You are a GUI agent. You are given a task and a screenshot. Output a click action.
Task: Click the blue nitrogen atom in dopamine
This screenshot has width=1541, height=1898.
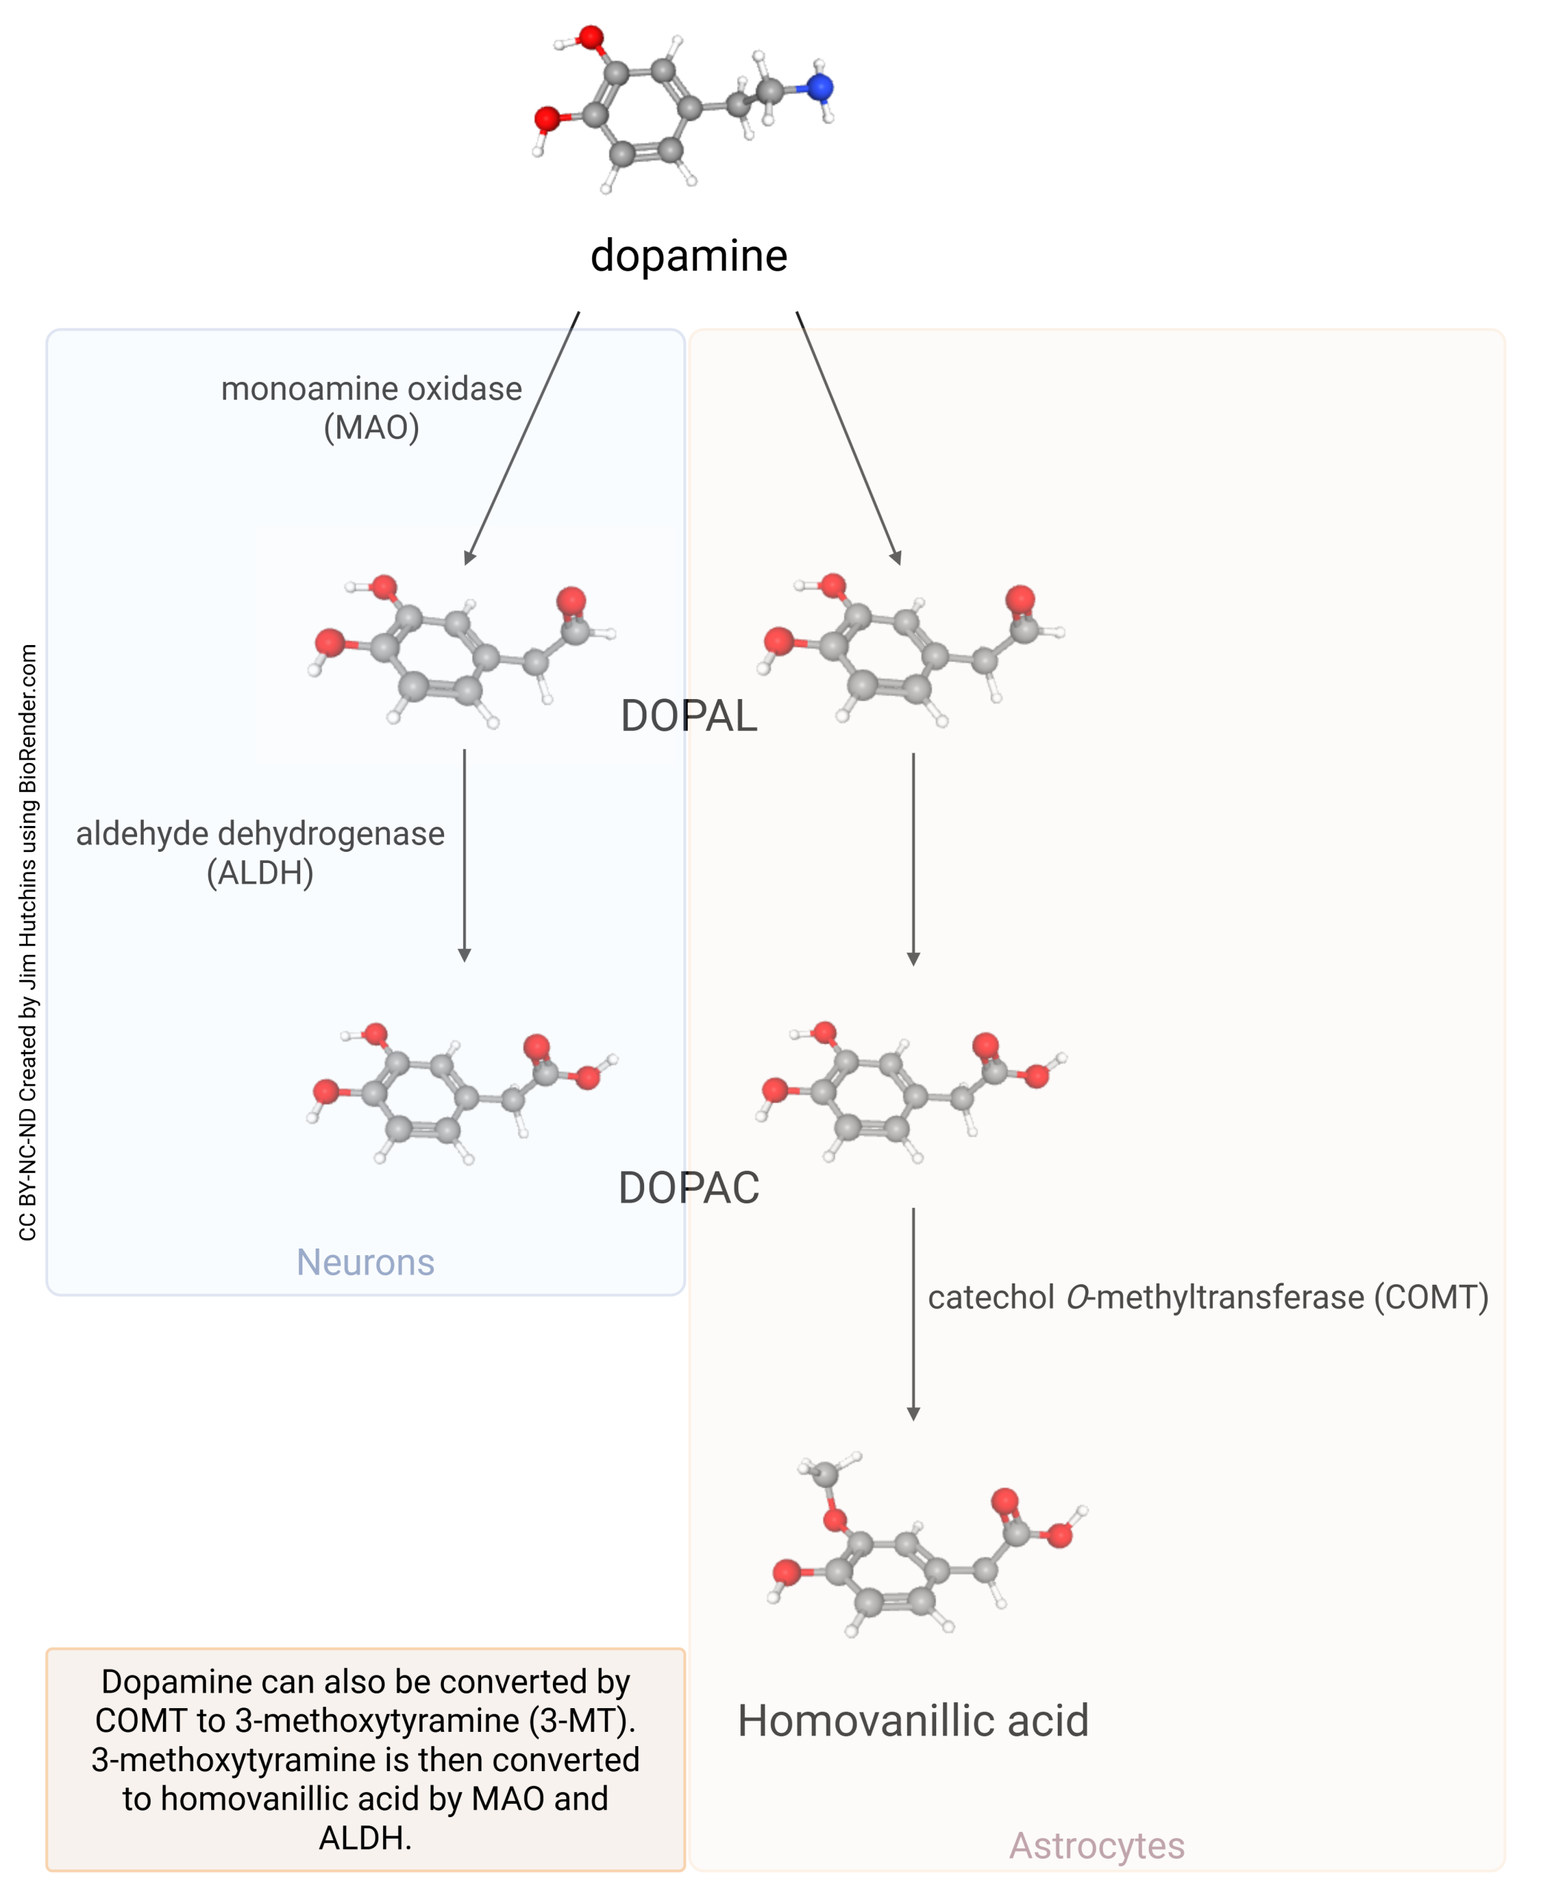tap(819, 87)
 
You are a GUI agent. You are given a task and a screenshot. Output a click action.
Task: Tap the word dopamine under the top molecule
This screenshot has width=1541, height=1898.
tap(689, 256)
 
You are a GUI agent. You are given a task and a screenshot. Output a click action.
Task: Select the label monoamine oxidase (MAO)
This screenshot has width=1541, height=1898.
tap(371, 409)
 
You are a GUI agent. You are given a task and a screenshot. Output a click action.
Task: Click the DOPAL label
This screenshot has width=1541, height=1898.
tap(689, 715)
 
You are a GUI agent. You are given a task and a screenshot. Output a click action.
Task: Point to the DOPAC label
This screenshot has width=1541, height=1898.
tap(689, 1188)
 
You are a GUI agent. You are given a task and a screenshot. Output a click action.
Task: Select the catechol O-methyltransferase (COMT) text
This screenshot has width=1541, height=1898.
tap(1208, 1297)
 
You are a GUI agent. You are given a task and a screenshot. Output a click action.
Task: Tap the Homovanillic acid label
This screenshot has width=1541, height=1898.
tap(912, 1721)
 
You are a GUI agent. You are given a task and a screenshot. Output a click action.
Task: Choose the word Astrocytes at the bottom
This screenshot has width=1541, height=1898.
tap(1096, 1845)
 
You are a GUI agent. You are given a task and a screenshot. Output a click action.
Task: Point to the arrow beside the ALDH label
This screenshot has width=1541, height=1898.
tap(463, 856)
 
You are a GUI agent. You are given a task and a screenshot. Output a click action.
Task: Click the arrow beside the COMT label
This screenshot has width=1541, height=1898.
tap(912, 1314)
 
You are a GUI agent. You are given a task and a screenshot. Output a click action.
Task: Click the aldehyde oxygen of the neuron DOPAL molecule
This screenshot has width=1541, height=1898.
tap(571, 599)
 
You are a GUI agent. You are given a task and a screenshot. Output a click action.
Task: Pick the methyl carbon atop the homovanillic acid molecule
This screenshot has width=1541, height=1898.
tap(826, 1475)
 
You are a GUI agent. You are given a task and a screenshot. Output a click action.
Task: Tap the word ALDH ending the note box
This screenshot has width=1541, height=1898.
tap(365, 1838)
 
